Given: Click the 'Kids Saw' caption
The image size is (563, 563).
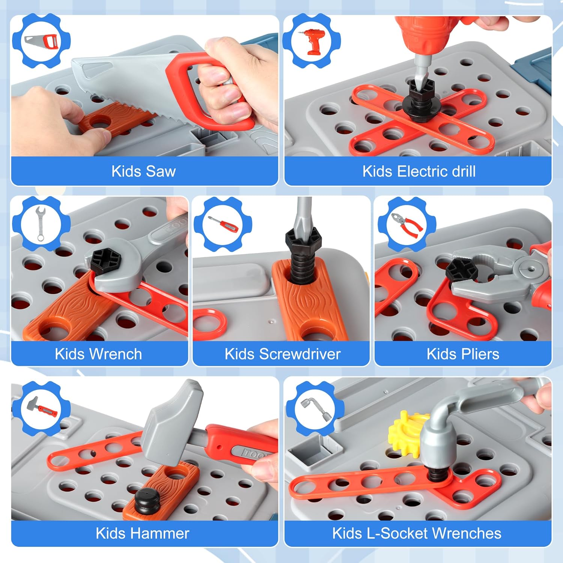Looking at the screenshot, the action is [x=143, y=172].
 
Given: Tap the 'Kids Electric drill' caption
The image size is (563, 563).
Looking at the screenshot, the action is [x=419, y=172].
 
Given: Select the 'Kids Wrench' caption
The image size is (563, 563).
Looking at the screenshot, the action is [x=98, y=354].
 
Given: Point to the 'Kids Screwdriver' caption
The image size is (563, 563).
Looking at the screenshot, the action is [x=283, y=354].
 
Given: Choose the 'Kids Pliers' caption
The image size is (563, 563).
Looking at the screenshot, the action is [x=463, y=354].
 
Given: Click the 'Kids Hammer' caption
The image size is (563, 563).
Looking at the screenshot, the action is [x=142, y=533].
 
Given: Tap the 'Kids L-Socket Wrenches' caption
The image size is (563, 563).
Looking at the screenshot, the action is [x=417, y=533].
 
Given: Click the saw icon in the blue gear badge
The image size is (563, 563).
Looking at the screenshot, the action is [x=41, y=41].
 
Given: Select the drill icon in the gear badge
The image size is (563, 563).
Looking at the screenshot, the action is [x=312, y=41].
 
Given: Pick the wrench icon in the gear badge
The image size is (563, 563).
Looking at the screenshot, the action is [x=41, y=224].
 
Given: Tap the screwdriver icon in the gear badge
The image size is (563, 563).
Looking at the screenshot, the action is [x=223, y=224].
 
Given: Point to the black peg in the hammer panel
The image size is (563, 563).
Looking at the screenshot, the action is [x=148, y=501].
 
